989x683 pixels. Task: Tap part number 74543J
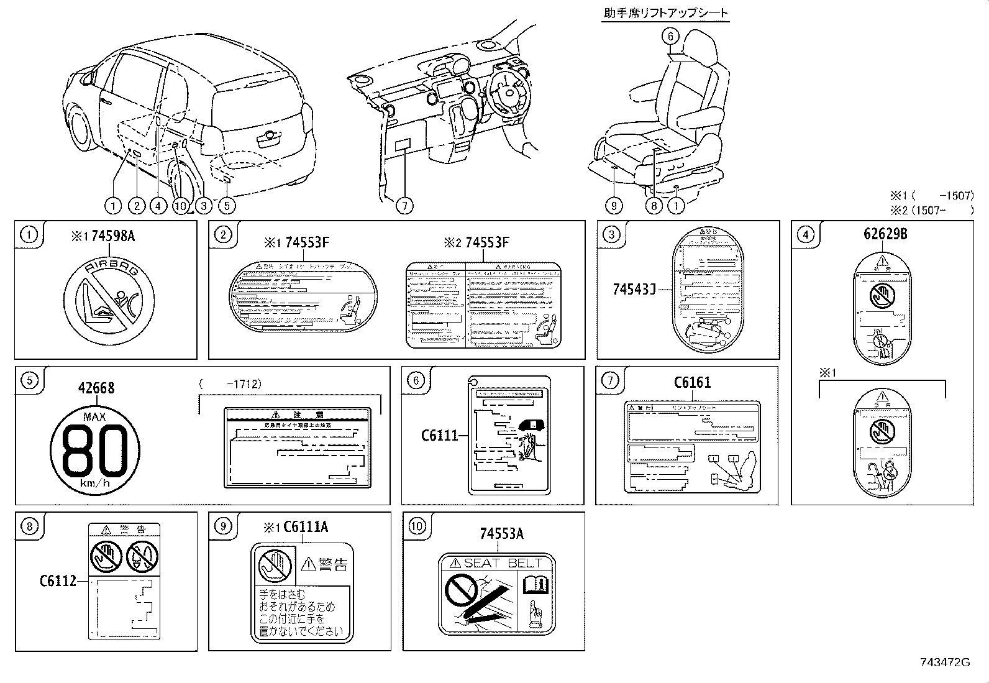634,289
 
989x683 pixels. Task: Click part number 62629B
885,234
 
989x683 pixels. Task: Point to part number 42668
96,388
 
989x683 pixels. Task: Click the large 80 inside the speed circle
94,450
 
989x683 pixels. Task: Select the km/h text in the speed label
95,484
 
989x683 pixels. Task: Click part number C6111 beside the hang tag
439,435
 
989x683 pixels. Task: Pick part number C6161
692,382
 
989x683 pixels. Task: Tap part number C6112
58,580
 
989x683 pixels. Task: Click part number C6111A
305,527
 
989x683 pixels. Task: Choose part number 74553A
501,533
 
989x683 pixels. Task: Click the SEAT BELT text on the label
503,563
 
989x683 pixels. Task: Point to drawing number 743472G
945,662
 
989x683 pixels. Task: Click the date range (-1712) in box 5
230,384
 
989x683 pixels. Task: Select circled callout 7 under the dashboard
404,205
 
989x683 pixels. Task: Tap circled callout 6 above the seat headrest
670,36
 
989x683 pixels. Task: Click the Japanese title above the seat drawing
665,13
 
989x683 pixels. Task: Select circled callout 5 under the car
226,205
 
